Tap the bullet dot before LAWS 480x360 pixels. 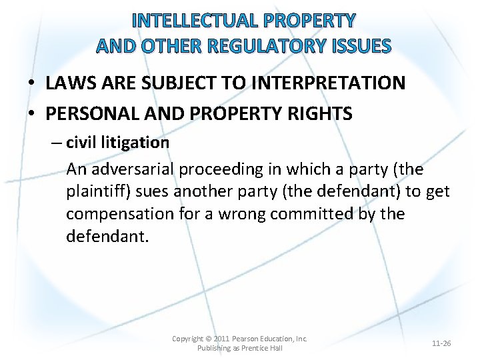32,84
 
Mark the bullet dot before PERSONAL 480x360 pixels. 32,115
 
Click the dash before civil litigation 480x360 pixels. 58,143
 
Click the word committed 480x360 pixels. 319,214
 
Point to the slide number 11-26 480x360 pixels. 441,343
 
